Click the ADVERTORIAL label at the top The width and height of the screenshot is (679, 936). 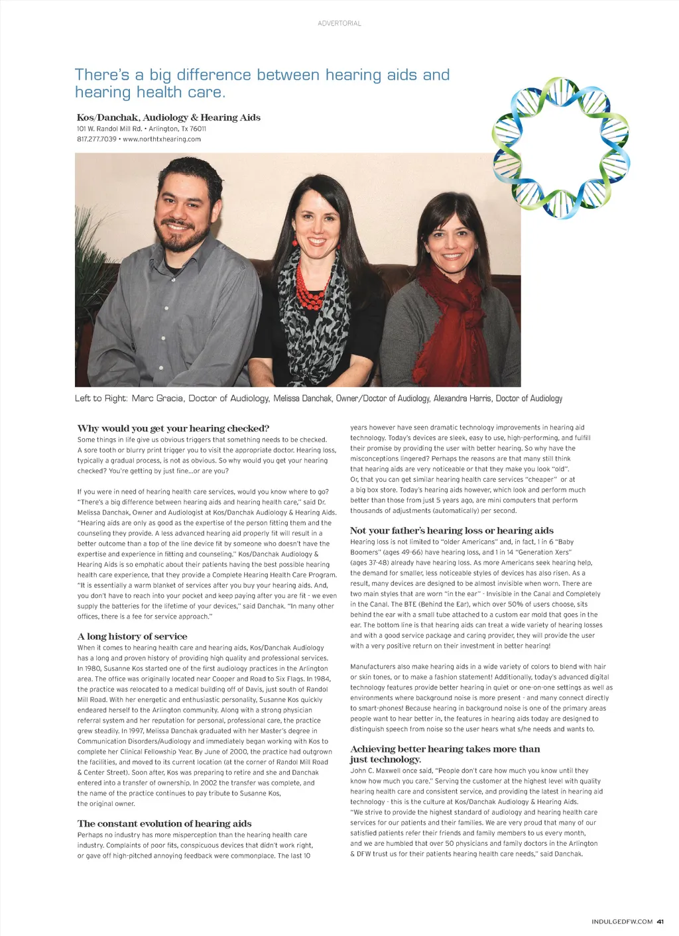339,23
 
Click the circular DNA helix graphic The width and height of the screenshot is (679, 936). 562,148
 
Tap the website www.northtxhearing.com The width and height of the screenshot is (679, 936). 162,139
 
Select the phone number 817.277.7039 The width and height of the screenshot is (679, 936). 96,139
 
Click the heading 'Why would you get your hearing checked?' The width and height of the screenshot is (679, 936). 173,428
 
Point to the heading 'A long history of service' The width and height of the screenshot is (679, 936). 132,636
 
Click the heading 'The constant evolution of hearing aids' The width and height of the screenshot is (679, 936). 164,823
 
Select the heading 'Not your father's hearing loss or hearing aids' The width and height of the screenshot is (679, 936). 452,530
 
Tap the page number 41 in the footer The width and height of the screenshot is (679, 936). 660,921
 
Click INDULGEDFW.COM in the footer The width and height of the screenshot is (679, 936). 622,921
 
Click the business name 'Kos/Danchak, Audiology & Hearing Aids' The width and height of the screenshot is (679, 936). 168,117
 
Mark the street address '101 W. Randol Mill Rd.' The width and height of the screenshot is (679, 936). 109,129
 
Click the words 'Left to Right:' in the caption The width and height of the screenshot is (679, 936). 100,398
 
